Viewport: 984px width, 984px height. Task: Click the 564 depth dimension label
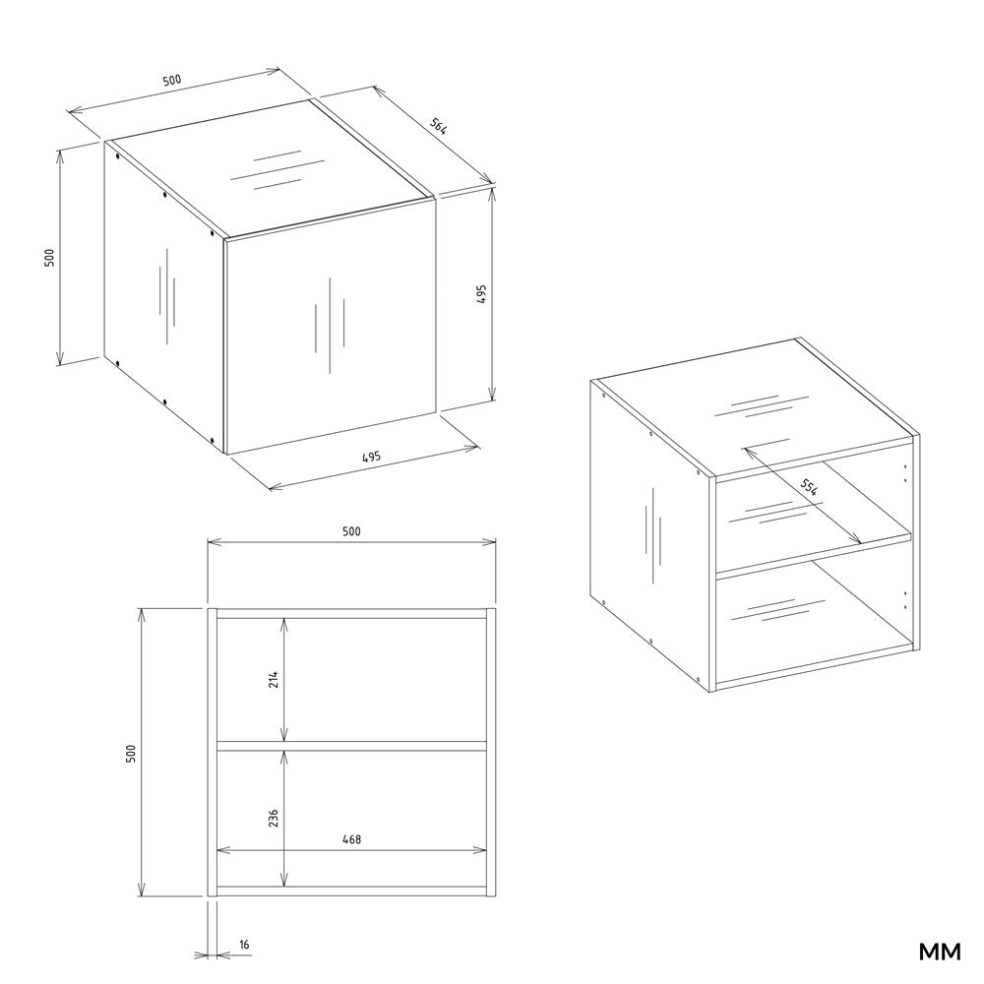pos(438,126)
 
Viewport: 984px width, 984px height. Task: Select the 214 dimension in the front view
pos(273,680)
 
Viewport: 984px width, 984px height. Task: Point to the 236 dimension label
pos(273,818)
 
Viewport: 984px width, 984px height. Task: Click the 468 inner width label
pos(351,839)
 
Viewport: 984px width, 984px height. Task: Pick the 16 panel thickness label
pos(244,944)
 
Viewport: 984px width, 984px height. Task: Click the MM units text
pos(940,952)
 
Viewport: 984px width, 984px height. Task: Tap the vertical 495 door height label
pos(481,293)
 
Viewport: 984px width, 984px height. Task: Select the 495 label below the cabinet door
pos(372,457)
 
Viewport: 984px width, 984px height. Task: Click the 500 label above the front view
pos(351,531)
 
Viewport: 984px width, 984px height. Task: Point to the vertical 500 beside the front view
pos(131,753)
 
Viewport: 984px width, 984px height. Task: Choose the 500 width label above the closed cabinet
pos(172,81)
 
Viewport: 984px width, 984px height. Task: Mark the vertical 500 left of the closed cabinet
pos(49,257)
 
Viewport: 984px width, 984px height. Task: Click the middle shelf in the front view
pos(351,746)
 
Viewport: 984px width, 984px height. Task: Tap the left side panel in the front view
pos(213,752)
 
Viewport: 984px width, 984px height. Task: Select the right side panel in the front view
pos(491,752)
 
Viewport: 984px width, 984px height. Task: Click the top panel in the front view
pos(351,613)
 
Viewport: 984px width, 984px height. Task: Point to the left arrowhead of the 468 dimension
pos(223,850)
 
